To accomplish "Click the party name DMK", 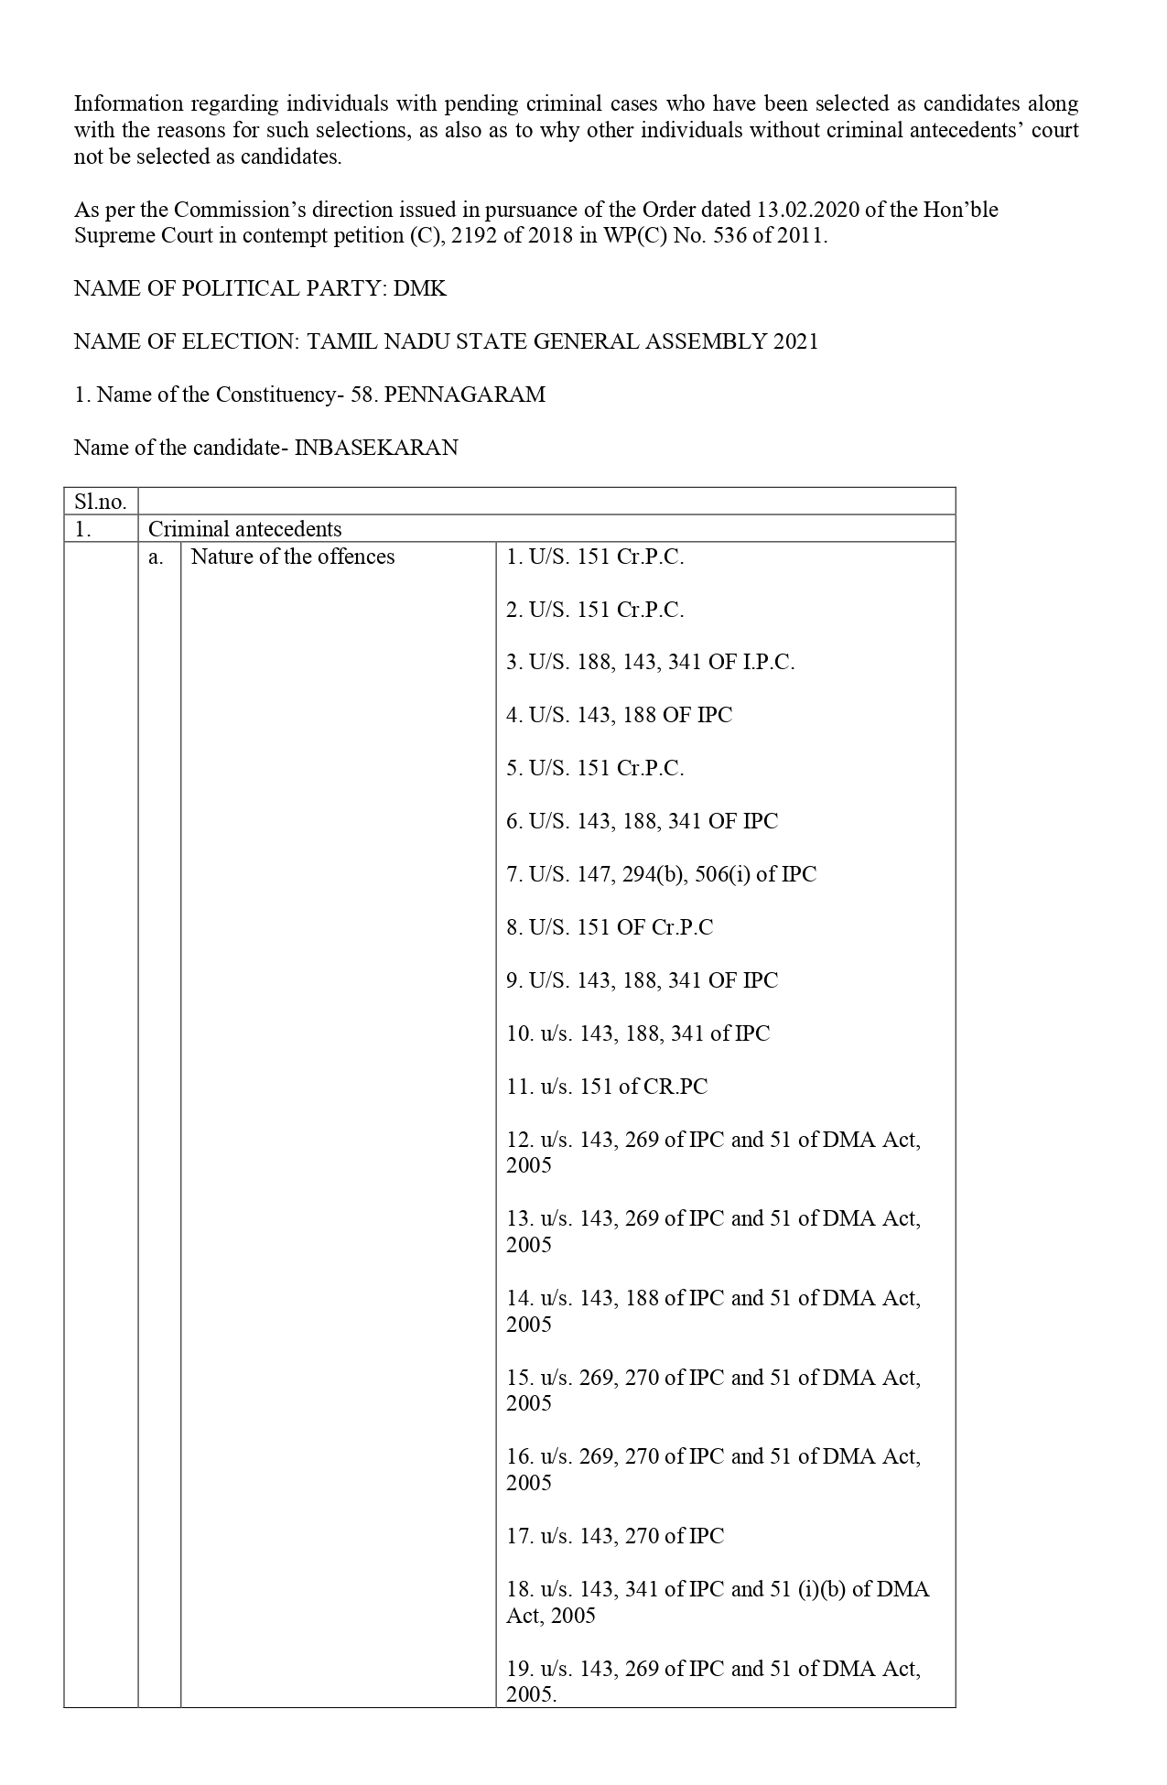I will click(x=420, y=288).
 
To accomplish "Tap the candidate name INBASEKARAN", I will click(x=376, y=448).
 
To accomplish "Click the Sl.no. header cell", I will click(x=101, y=502).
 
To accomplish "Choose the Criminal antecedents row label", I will click(x=244, y=529).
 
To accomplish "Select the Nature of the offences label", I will click(x=293, y=557).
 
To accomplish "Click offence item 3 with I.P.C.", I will click(x=650, y=662).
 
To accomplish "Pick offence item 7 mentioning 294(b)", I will click(x=661, y=874).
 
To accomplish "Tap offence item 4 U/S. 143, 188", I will click(x=619, y=715).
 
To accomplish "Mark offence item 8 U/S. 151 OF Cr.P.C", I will click(x=609, y=927).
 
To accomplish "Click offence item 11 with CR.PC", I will click(x=607, y=1087).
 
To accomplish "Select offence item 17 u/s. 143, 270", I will click(x=615, y=1536).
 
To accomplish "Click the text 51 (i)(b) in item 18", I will click(x=809, y=1589).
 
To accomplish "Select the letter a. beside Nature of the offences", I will click(x=157, y=557).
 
